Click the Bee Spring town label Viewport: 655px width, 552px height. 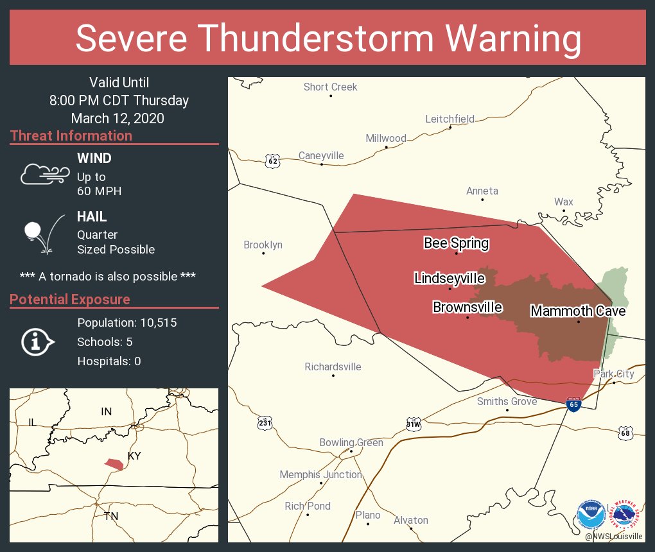(x=456, y=243)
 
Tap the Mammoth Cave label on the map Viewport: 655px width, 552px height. (x=577, y=311)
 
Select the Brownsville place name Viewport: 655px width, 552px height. (x=467, y=307)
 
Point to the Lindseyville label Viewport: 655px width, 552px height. (x=450, y=278)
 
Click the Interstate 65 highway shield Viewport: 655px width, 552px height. (x=573, y=404)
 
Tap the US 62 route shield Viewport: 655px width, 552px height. (x=273, y=161)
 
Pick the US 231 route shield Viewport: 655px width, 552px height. (x=265, y=423)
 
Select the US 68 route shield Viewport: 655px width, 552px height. (x=625, y=433)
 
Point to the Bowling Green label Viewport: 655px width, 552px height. (x=351, y=442)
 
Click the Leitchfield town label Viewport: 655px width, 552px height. (x=450, y=119)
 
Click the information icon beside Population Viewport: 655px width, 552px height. (x=37, y=342)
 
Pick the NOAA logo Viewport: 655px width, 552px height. (x=590, y=515)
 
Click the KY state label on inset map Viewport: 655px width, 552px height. (x=134, y=456)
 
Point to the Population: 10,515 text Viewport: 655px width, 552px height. (x=127, y=322)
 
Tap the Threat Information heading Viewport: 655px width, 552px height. (x=71, y=135)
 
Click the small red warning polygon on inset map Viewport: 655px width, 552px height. (x=114, y=463)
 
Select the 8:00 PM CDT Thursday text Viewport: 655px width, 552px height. (x=119, y=100)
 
